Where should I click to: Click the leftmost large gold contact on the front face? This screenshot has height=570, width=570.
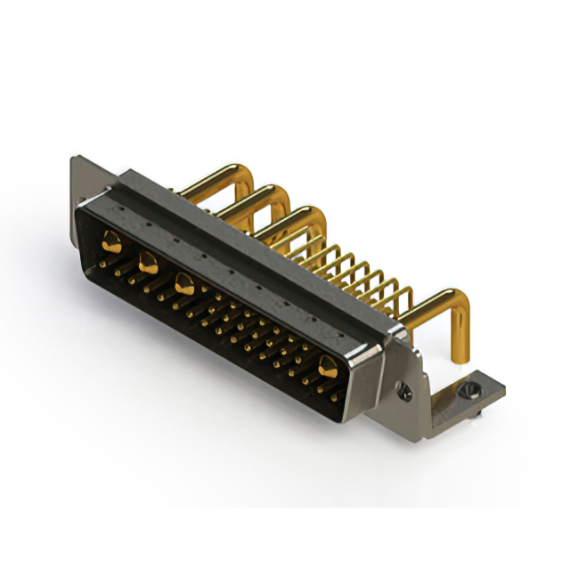(112, 239)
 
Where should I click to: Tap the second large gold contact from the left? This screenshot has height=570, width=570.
(147, 262)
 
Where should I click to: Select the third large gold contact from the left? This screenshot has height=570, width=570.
(184, 285)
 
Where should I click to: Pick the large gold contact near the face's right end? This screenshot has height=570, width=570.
(328, 364)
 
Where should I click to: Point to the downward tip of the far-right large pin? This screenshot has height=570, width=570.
(460, 358)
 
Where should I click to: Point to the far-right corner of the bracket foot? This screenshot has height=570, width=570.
(503, 387)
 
